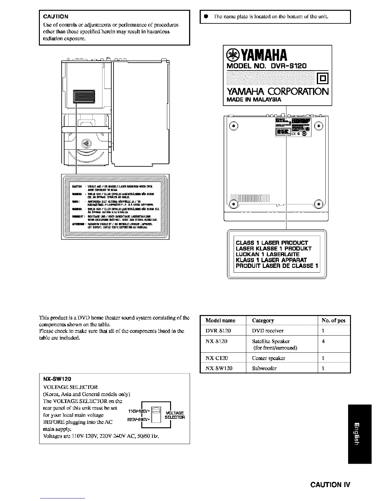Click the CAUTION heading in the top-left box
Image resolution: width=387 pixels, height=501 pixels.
56,16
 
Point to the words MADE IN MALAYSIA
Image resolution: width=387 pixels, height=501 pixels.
254,100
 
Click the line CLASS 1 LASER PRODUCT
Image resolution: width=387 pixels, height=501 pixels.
272,243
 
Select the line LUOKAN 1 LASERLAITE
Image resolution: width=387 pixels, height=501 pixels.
267,254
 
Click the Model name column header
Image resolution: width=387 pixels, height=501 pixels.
220,320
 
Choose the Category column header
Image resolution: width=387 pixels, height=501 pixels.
263,320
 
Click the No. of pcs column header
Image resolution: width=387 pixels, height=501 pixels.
333,320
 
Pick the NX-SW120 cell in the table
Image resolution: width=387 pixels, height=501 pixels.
219,368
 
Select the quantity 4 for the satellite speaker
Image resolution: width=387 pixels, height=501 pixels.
323,341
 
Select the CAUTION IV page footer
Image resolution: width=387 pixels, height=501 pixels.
330,485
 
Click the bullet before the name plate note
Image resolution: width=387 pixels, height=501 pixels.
205,16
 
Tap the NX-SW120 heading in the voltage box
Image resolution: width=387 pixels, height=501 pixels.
57,379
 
